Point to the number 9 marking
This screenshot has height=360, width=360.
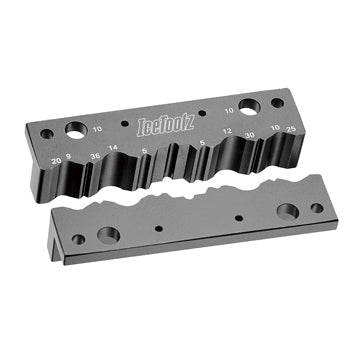(x=68, y=156)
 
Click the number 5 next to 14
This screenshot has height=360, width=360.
(x=146, y=150)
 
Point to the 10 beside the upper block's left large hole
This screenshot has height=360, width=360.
(x=97, y=129)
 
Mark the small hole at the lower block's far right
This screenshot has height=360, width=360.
(x=316, y=208)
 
